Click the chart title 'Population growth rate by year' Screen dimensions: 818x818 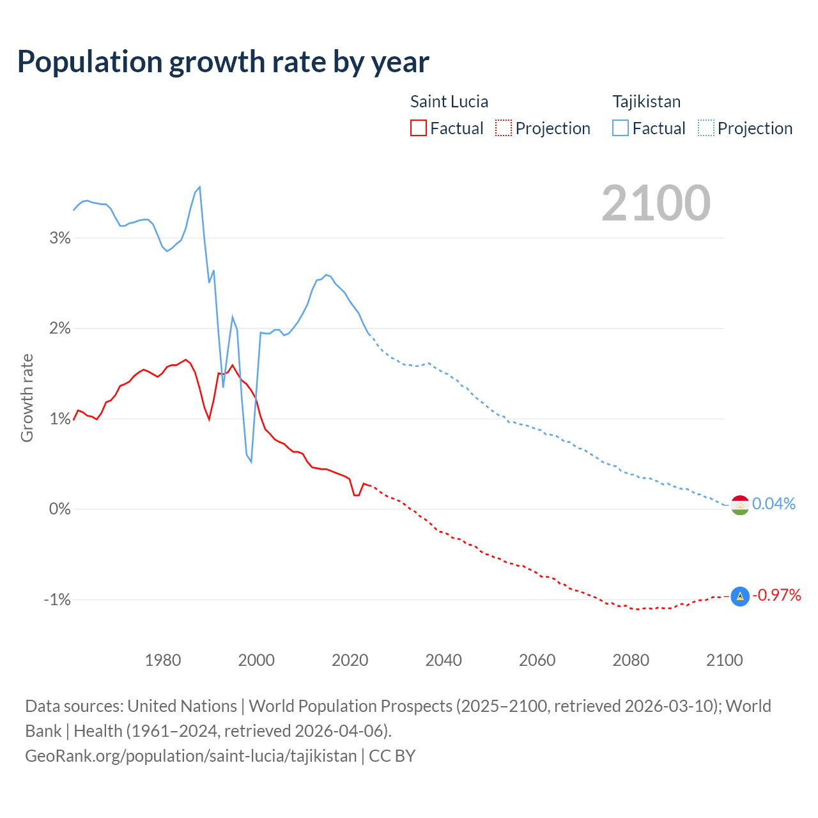pyautogui.click(x=223, y=62)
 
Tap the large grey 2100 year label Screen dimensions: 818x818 pyautogui.click(x=656, y=203)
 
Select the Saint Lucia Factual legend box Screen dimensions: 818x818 pyautogui.click(x=418, y=128)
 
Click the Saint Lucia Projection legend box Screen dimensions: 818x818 pyautogui.click(x=504, y=128)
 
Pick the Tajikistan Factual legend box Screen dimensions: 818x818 pyautogui.click(x=620, y=128)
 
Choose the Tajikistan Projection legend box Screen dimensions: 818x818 pyautogui.click(x=706, y=128)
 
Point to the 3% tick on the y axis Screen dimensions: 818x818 pyautogui.click(x=59, y=238)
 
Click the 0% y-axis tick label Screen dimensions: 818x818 pyautogui.click(x=59, y=509)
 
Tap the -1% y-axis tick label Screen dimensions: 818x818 pyautogui.click(x=57, y=599)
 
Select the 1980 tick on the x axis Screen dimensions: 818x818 pyautogui.click(x=163, y=660)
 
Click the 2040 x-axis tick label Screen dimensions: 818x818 pyautogui.click(x=444, y=660)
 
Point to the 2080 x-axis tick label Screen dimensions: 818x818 pyautogui.click(x=631, y=660)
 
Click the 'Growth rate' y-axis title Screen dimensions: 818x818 pyautogui.click(x=27, y=397)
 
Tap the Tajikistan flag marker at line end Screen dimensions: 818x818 pyautogui.click(x=740, y=505)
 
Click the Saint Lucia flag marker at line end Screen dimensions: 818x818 pyautogui.click(x=740, y=596)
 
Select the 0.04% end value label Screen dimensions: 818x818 pyautogui.click(x=774, y=504)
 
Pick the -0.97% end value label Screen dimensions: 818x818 pyautogui.click(x=776, y=595)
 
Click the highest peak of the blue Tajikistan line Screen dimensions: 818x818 pyautogui.click(x=200, y=187)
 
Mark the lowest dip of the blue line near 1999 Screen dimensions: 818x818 pyautogui.click(x=251, y=461)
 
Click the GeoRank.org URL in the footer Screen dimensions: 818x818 pyautogui.click(x=190, y=755)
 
